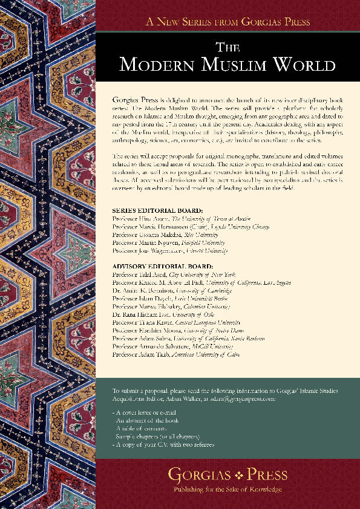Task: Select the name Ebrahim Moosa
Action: (164, 331)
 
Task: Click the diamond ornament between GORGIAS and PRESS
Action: (228, 475)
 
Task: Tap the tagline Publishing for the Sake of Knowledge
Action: (228, 489)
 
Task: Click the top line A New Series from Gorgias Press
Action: (228, 22)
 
